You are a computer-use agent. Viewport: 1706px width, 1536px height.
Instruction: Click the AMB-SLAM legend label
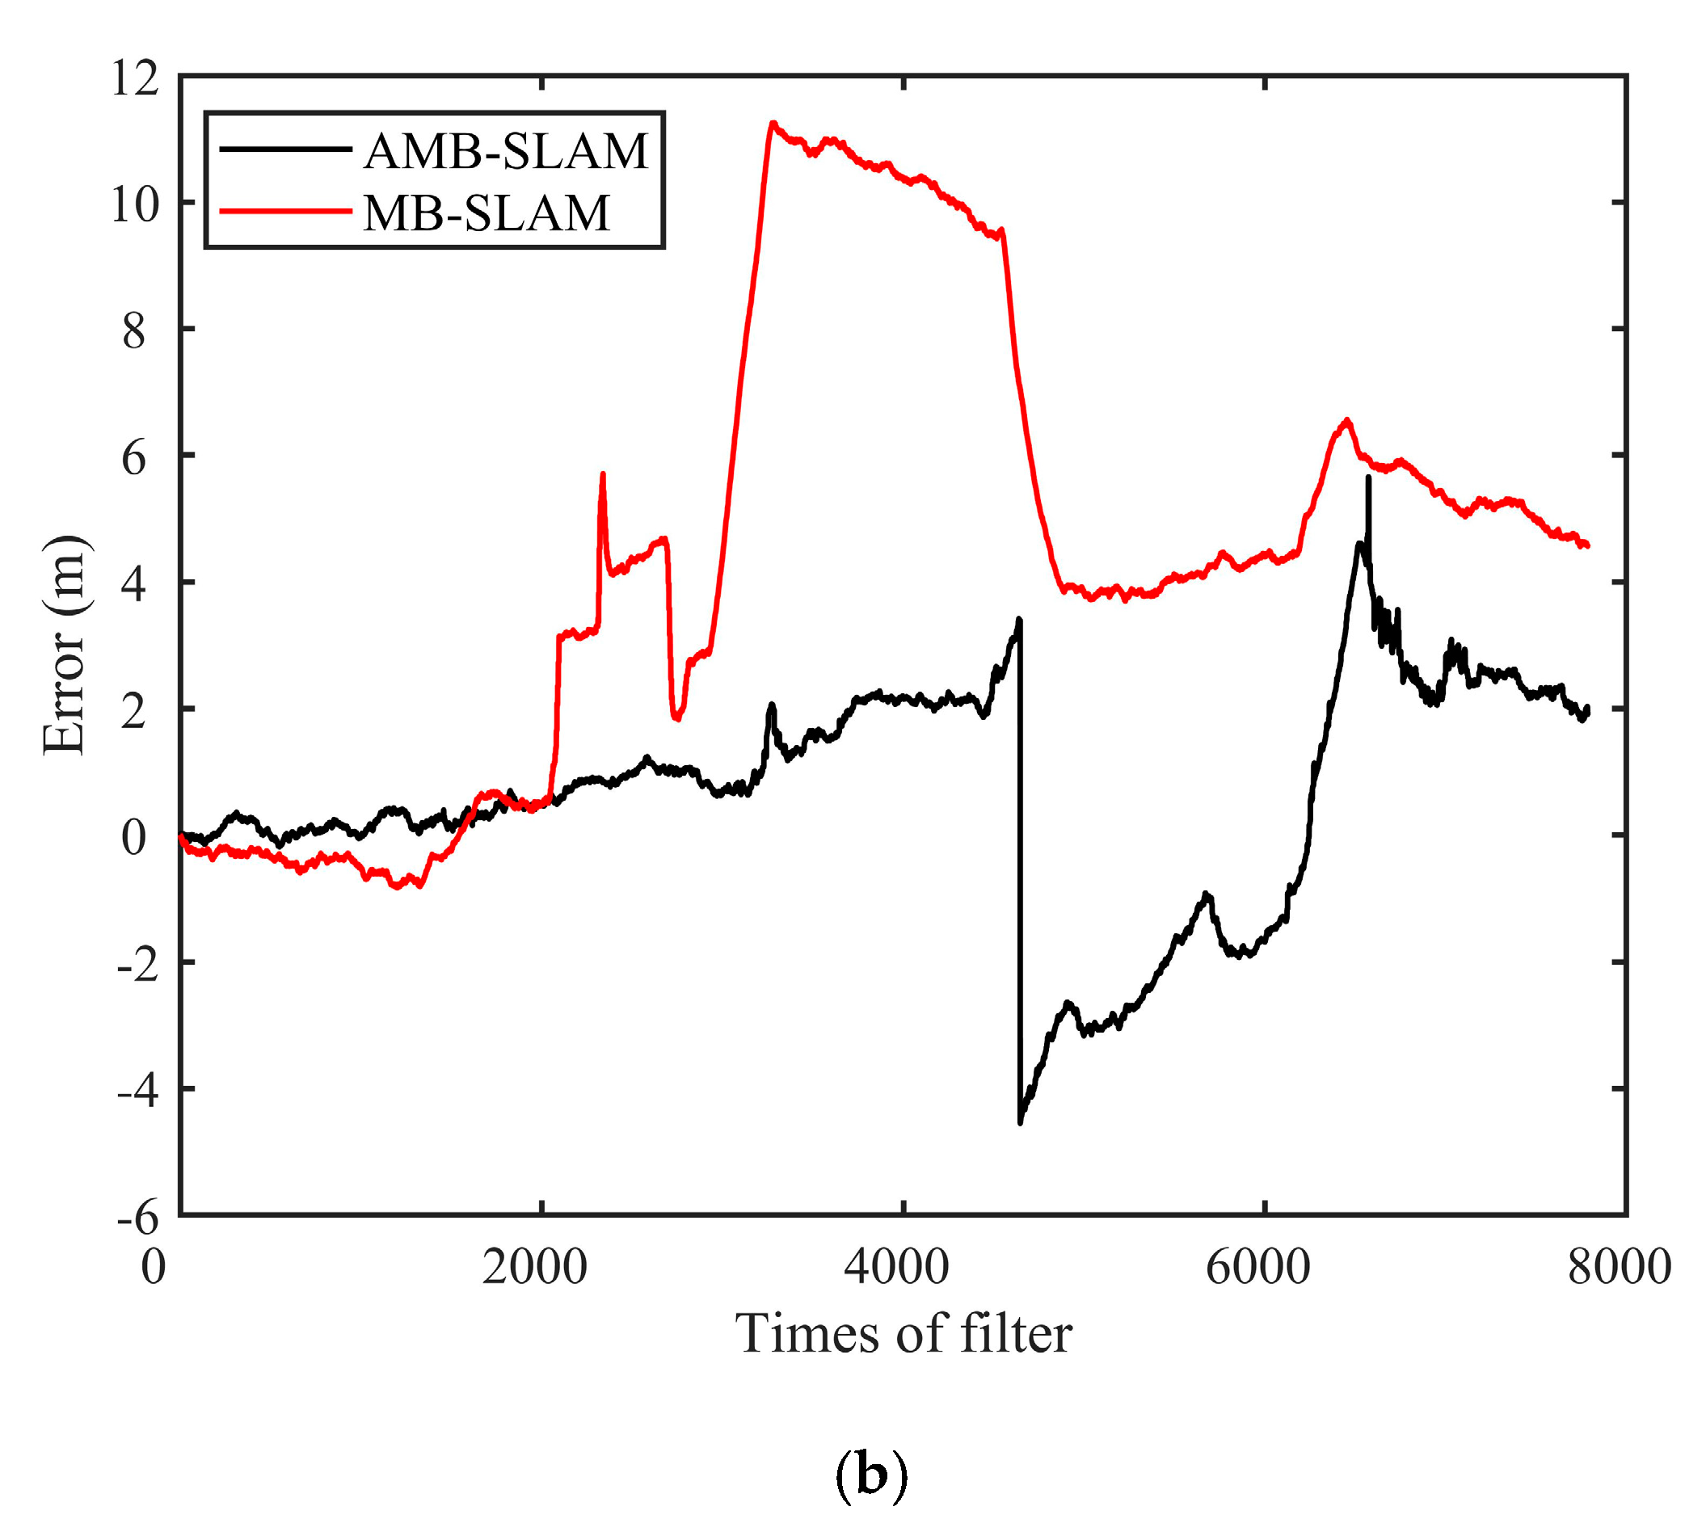[506, 151]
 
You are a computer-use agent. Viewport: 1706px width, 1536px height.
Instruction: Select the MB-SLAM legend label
[487, 213]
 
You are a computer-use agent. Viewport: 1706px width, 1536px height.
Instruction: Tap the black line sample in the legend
[285, 149]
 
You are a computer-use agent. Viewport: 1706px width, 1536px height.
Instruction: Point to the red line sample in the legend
[285, 212]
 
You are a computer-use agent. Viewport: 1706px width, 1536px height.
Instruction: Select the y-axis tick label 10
[134, 205]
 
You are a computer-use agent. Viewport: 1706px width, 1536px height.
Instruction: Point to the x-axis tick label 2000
[534, 1268]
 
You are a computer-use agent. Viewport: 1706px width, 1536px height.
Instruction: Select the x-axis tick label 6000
[1257, 1268]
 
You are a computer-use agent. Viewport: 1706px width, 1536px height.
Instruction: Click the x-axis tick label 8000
[1619, 1268]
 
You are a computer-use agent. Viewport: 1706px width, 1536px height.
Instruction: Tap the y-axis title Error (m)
[65, 645]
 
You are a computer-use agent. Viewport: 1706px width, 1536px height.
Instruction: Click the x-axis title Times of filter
[904, 1335]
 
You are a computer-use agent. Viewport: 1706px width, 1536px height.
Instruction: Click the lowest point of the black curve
[1021, 1123]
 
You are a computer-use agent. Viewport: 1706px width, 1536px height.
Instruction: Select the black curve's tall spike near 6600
[1368, 478]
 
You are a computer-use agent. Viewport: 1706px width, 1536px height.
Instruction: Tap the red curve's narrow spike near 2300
[603, 474]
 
